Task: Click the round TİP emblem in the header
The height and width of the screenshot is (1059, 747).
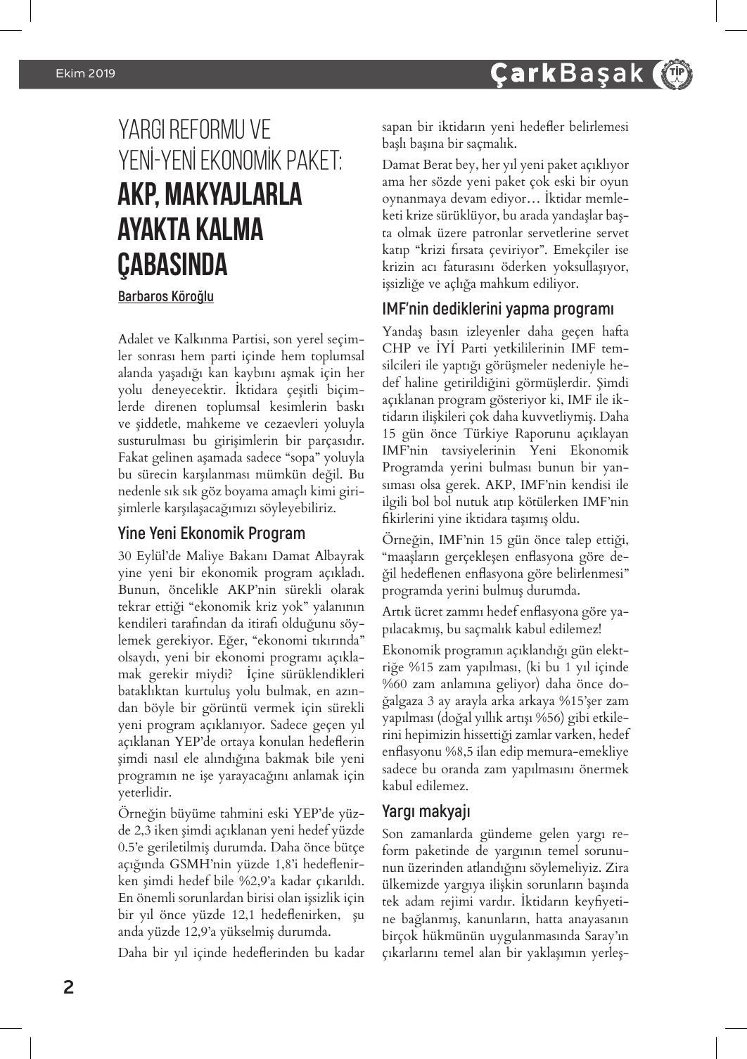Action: [672, 74]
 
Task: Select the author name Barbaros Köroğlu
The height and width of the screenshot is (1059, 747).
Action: [165, 296]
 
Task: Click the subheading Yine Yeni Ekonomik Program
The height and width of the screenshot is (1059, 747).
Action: [211, 533]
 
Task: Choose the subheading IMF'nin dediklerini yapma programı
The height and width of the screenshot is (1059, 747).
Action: [497, 309]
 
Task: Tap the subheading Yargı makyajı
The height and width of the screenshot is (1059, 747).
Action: [426, 811]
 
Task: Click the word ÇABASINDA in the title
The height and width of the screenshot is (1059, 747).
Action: [173, 265]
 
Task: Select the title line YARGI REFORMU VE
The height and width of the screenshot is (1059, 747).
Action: [194, 129]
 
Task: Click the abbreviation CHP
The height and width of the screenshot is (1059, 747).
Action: [397, 348]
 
